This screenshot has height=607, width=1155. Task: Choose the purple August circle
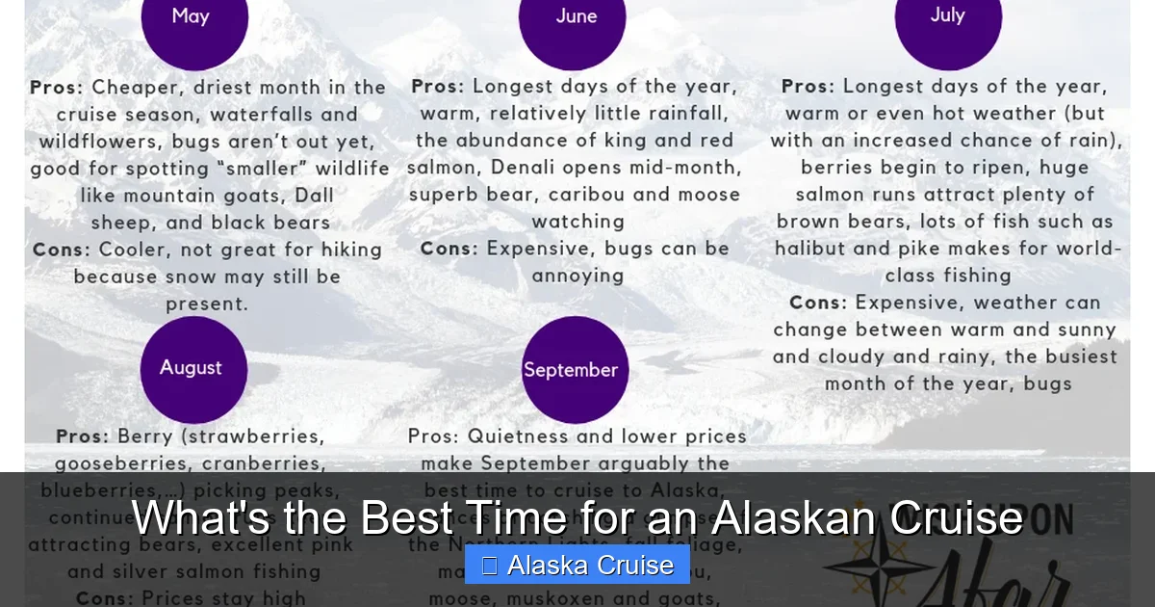click(x=193, y=369)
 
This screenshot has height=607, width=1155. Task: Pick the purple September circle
click(x=575, y=370)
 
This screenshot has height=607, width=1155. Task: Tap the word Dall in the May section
click(x=314, y=196)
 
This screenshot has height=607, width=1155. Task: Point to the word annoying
click(x=577, y=276)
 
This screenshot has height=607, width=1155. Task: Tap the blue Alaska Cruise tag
click(x=577, y=566)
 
